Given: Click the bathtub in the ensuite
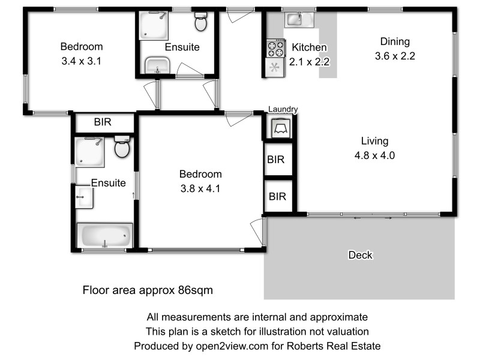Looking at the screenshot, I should (x=106, y=236).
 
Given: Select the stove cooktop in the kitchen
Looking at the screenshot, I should (x=276, y=46).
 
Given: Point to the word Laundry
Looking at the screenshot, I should (x=283, y=109).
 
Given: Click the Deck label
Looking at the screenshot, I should (x=360, y=256).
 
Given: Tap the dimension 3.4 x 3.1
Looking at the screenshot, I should (x=81, y=61).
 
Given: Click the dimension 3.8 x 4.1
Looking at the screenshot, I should (x=200, y=188).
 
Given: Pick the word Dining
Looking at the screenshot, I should (x=395, y=42).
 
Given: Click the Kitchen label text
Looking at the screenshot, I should (x=309, y=47).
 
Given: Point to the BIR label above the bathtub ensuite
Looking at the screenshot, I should (x=103, y=122).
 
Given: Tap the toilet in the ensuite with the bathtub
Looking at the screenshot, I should (x=122, y=148).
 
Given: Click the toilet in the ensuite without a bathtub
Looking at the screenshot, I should (x=200, y=23).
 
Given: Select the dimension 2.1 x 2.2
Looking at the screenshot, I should (x=309, y=61).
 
